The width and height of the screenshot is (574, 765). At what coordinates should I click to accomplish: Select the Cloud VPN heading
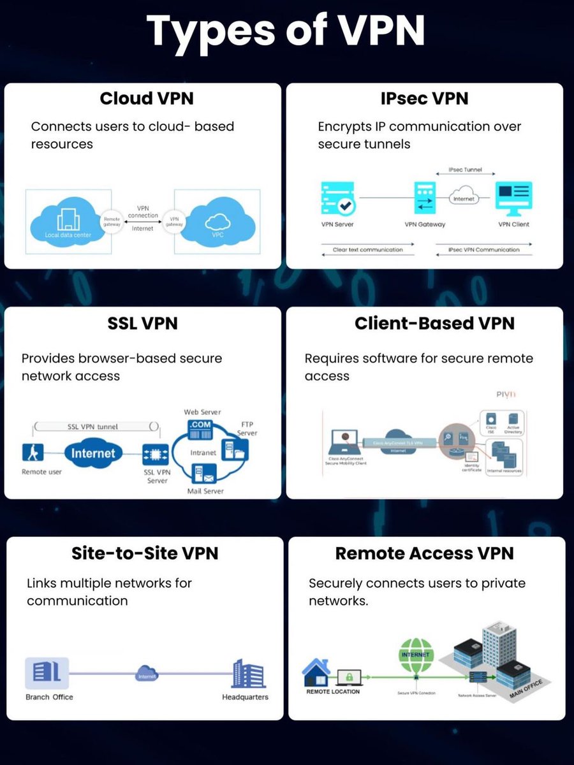pos(147,99)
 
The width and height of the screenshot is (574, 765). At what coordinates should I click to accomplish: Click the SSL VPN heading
pos(142,323)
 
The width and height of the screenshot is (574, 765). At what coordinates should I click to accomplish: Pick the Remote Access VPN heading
pos(424,553)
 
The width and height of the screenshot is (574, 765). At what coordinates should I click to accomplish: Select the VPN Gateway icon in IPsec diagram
pos(424,197)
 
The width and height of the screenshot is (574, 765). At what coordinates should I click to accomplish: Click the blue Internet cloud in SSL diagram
pos(93,453)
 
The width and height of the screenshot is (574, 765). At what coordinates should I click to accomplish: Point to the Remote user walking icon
pos(32,453)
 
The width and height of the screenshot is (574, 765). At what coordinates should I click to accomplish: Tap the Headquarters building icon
pos(248,673)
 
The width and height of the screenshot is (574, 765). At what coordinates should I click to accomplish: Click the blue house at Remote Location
pos(315,672)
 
